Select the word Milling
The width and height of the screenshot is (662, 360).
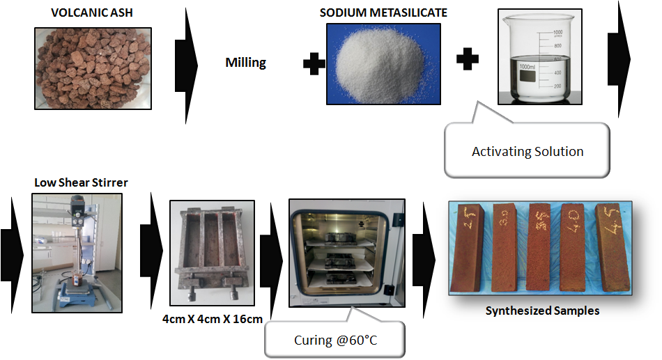(x=245, y=63)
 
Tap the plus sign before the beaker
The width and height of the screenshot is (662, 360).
(x=468, y=59)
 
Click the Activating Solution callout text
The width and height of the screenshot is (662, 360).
(x=528, y=151)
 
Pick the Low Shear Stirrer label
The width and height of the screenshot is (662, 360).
(x=82, y=183)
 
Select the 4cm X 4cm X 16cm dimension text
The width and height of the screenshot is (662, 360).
(x=212, y=320)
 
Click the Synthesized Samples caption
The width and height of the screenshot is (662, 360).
(x=541, y=311)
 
